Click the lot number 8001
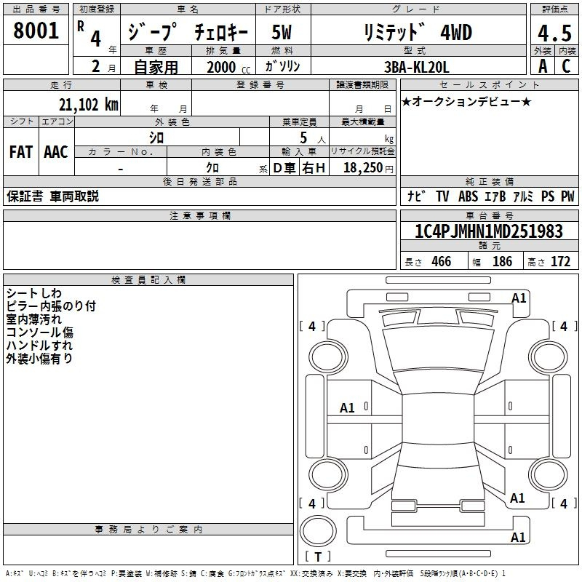(x=36, y=31)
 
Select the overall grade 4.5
(x=554, y=33)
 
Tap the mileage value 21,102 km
(x=88, y=105)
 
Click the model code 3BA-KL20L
(x=416, y=67)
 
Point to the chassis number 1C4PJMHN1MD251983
(x=488, y=231)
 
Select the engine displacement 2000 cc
(x=228, y=67)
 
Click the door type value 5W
(x=282, y=32)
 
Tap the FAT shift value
(x=21, y=152)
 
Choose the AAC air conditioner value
(x=56, y=152)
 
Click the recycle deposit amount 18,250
(x=363, y=168)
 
